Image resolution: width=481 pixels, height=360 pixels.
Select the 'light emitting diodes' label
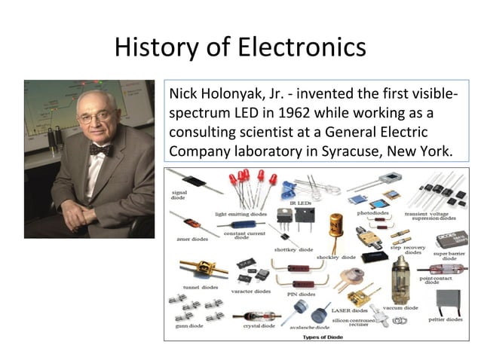[x=240, y=214]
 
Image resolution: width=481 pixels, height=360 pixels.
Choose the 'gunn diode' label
[x=187, y=325]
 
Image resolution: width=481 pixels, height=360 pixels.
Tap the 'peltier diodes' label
[x=445, y=319]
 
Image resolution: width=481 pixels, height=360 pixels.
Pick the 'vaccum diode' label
[x=400, y=307]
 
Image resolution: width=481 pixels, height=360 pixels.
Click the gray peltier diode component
[x=450, y=302]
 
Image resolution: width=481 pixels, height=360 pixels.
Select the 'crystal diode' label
[x=257, y=325]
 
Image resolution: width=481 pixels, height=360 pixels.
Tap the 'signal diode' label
[x=180, y=196]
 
